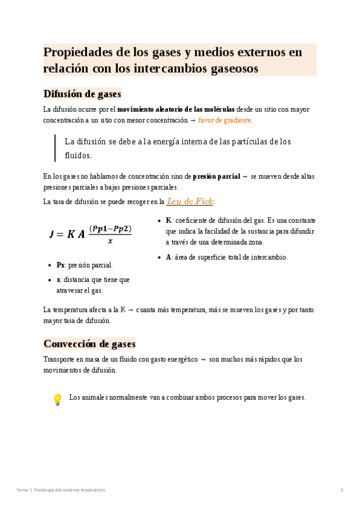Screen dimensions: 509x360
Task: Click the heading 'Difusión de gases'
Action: [82, 94]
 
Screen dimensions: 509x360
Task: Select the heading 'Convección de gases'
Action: [89, 344]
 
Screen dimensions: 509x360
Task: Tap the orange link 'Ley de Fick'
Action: [190, 201]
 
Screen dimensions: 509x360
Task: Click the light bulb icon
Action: [57, 399]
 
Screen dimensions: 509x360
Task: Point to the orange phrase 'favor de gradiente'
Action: [225, 120]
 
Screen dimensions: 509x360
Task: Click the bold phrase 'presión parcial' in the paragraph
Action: [216, 176]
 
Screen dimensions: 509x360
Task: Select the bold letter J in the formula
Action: [52, 235]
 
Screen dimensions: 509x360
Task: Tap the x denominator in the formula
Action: [110, 242]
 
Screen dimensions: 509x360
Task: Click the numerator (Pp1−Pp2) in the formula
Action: [110, 229]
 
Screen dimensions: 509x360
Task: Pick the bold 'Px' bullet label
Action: [61, 265]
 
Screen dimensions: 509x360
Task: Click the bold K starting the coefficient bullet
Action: [169, 220]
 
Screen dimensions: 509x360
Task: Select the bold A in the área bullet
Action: [169, 257]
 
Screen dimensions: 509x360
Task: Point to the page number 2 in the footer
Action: [342, 490]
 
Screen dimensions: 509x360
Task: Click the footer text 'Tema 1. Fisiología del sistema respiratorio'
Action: [61, 490]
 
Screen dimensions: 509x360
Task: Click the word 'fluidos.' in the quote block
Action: [78, 155]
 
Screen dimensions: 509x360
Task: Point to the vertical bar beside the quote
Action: [55, 148]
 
